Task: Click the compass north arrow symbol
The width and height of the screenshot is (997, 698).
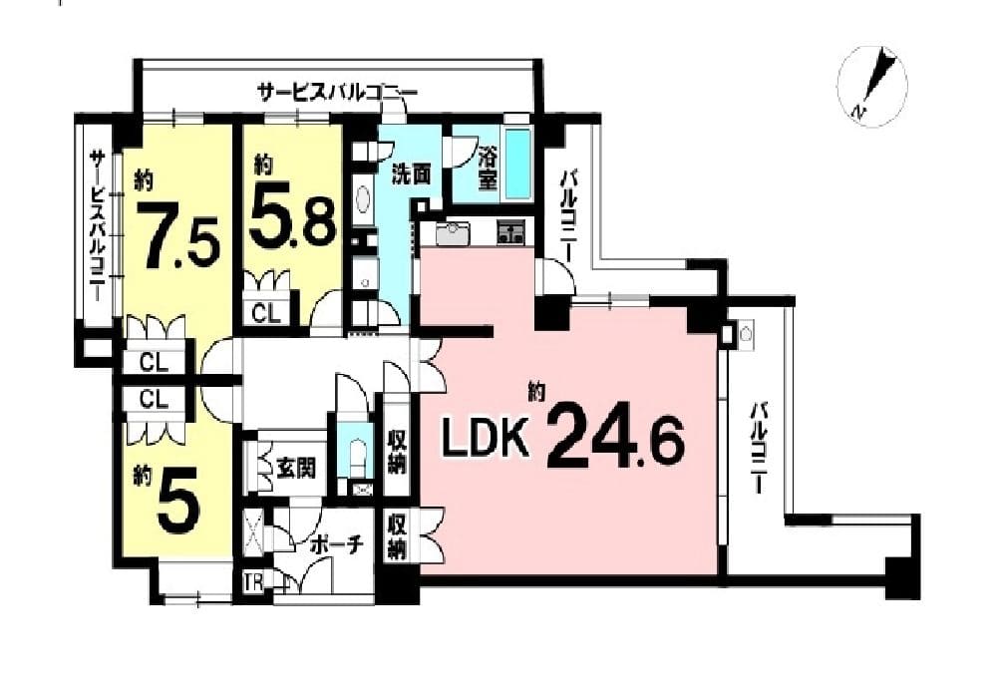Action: click(x=873, y=86)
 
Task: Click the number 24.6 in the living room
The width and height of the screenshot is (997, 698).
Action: click(x=615, y=436)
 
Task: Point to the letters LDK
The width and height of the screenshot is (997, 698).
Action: click(x=486, y=440)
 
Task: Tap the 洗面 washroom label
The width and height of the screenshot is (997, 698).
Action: click(x=411, y=174)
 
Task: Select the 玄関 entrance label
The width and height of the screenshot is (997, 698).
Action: click(x=296, y=468)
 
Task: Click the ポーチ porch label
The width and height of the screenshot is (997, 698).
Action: click(x=337, y=545)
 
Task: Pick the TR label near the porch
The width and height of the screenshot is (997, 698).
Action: click(x=252, y=583)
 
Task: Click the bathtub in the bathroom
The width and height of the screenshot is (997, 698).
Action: click(x=520, y=163)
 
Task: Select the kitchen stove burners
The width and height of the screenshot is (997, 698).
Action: click(x=510, y=232)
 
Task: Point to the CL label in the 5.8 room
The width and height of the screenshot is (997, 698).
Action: click(x=266, y=313)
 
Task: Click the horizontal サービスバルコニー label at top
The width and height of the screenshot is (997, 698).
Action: click(x=337, y=93)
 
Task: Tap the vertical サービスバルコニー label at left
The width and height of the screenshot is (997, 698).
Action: click(x=98, y=225)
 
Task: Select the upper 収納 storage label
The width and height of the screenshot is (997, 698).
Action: click(x=398, y=453)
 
